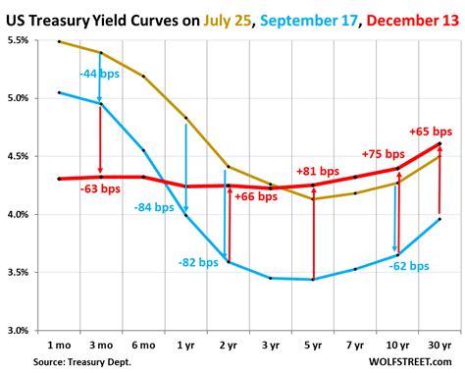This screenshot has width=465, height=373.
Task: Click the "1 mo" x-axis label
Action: click(x=59, y=346)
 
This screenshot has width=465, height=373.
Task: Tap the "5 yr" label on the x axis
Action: click(x=313, y=346)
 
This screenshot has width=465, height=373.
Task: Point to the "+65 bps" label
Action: click(x=430, y=131)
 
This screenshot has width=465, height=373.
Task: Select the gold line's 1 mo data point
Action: click(x=59, y=42)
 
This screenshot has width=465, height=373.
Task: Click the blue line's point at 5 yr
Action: click(x=313, y=280)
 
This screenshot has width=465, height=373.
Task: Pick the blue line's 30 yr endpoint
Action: click(x=439, y=219)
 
